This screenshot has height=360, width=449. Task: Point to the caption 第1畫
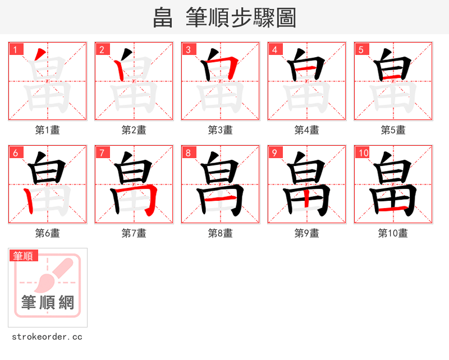tap(48, 130)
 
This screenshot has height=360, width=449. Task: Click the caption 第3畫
tap(221, 130)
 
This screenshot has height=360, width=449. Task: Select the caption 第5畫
tap(393, 130)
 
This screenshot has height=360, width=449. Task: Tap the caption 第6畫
tap(48, 233)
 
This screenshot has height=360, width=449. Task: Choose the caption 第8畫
tap(221, 233)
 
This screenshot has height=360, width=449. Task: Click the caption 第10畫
tap(393, 233)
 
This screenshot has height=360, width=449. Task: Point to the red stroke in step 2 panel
tap(120, 70)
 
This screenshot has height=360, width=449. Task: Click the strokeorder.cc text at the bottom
tap(47, 337)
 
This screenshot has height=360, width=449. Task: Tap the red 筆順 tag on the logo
tap(24, 256)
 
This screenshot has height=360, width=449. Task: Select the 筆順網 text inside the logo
tap(48, 303)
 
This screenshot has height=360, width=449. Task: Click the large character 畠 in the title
tap(163, 18)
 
